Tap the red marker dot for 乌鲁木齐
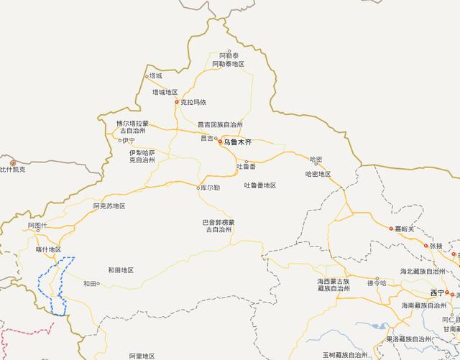[x=221, y=142]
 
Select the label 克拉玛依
[x=193, y=102]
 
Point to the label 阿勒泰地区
[x=229, y=65]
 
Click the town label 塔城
[x=155, y=75]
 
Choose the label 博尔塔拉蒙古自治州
[x=132, y=126]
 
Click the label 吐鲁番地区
[x=260, y=185]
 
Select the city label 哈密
[x=316, y=159]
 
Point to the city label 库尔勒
[x=208, y=188]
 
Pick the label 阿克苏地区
[x=109, y=206]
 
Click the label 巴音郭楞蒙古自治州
[x=217, y=226]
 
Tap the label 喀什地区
[x=48, y=249]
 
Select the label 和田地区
[x=121, y=269]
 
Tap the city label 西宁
[x=437, y=293]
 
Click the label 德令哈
[x=377, y=283]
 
